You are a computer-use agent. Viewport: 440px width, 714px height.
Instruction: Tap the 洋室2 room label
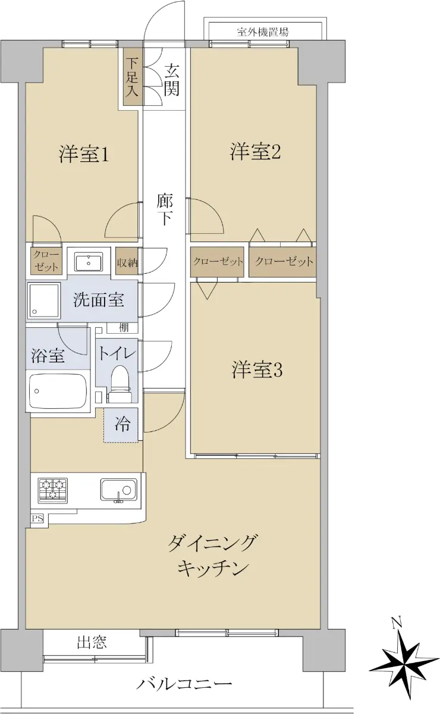tap(255, 152)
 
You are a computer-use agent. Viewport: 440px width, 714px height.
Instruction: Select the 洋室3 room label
tap(257, 370)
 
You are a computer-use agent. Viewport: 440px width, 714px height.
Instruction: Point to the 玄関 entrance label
tap(172, 80)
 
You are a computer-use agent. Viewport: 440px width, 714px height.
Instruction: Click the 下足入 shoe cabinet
tap(131, 77)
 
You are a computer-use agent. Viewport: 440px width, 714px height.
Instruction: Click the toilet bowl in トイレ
tap(120, 383)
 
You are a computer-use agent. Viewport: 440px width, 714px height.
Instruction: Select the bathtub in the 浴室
tap(58, 391)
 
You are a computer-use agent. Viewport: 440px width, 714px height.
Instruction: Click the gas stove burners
tap(52, 490)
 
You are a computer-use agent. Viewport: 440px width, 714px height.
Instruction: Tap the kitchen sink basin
tap(118, 490)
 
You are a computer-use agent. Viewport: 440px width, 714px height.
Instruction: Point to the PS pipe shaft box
tap(37, 519)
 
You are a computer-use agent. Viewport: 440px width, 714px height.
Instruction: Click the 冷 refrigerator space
tap(121, 425)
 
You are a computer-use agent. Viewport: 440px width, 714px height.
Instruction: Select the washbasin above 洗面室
tap(89, 262)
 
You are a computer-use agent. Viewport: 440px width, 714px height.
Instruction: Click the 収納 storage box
tap(127, 261)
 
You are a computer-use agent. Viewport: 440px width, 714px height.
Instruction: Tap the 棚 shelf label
tap(124, 327)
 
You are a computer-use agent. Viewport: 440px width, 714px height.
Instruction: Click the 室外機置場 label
tap(263, 32)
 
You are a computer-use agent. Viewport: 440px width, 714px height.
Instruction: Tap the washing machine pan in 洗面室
tap(44, 300)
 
